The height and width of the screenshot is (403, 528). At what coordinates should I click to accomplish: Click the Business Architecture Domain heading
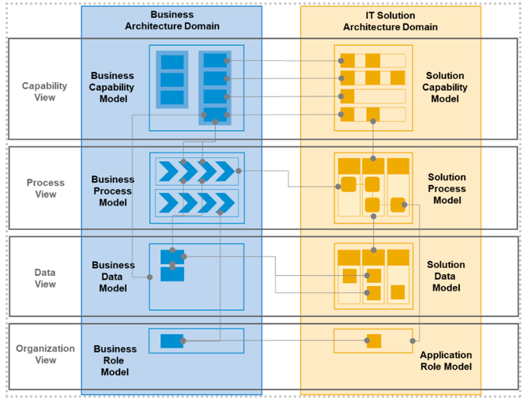(172, 21)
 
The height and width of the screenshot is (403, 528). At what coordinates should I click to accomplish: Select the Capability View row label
(44, 92)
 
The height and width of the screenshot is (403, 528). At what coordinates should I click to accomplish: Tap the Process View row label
(46, 188)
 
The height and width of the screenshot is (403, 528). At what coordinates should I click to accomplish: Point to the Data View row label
(45, 278)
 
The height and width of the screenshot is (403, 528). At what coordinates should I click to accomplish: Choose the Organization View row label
(46, 354)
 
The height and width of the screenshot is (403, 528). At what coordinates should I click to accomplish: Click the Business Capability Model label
(112, 88)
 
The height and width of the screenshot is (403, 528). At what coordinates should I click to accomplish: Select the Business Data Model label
(113, 277)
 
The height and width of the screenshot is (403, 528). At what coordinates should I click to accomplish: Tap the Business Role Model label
(115, 360)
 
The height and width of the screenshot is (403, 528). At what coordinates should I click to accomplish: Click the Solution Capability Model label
(445, 88)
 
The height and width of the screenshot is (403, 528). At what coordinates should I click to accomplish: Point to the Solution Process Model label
(447, 189)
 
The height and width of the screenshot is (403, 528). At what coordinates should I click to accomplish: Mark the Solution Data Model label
(446, 277)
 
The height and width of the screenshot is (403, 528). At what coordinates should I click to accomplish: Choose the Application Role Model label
(446, 360)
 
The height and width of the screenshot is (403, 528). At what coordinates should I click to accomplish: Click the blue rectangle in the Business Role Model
(172, 341)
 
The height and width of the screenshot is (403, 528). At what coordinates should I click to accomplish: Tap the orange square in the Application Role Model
(374, 341)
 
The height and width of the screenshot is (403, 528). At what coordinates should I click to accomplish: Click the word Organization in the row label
(46, 348)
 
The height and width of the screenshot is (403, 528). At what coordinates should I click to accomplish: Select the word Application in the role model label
(446, 355)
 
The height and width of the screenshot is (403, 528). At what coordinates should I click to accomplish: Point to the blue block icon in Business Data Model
(172, 265)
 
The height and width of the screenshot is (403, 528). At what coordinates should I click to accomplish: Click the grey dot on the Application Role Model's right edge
(412, 341)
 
